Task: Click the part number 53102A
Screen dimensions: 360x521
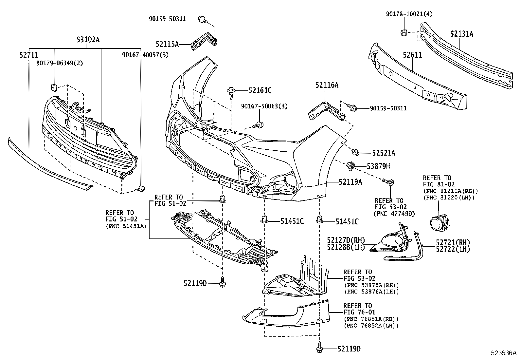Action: coord(88,40)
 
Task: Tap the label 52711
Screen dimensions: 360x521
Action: coord(29,55)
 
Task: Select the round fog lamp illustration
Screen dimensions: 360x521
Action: coord(438,223)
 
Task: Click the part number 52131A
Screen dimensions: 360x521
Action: coord(461,34)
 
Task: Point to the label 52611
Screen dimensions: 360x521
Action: coord(412,55)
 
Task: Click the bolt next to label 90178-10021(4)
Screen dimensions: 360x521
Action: coord(404,32)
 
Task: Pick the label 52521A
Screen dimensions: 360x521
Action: coord(384,153)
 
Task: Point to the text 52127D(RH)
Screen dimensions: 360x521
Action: coord(346,240)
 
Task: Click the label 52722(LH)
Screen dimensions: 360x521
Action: coord(453,249)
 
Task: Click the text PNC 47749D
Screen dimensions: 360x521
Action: coord(394,214)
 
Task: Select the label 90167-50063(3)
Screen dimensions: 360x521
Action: coord(264,106)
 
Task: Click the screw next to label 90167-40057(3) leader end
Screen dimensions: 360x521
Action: coord(141,188)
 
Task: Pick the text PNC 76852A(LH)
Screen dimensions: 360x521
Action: coord(371,326)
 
